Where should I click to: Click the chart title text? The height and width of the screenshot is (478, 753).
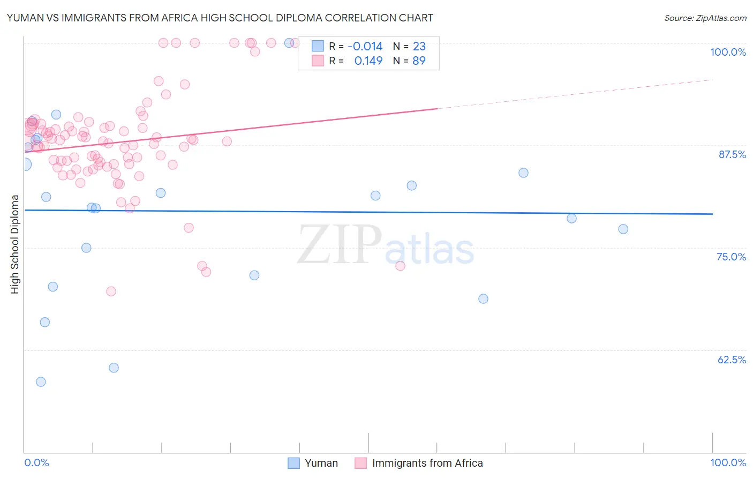point(220,18)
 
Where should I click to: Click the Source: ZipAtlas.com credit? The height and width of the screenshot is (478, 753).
point(705,18)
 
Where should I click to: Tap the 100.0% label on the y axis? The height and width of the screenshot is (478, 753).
point(728,52)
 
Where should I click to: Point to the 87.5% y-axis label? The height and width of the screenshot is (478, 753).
point(732,154)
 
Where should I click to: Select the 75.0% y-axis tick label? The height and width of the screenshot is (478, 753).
point(731,257)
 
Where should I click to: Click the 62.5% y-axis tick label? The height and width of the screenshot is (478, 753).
point(732,360)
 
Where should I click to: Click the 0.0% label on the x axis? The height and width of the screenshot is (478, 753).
point(36,462)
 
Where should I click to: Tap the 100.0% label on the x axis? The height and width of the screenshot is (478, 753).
point(728,462)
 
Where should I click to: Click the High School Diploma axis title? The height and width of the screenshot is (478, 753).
point(15,244)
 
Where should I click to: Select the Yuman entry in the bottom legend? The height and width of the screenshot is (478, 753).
point(321,463)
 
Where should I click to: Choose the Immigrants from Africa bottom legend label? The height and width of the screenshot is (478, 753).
point(427,463)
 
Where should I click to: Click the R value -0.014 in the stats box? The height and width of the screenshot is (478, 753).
point(365,47)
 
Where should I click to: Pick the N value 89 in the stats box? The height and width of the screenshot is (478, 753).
point(419,61)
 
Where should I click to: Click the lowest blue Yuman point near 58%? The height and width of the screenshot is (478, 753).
point(41,382)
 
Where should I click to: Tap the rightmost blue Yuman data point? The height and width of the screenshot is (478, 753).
point(623,229)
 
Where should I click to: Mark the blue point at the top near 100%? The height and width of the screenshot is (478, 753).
point(289,43)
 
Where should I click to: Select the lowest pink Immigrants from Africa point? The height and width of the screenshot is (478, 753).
point(111,292)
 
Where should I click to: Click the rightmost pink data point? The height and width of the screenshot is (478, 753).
point(400,266)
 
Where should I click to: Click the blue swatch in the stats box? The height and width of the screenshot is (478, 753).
point(318,47)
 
